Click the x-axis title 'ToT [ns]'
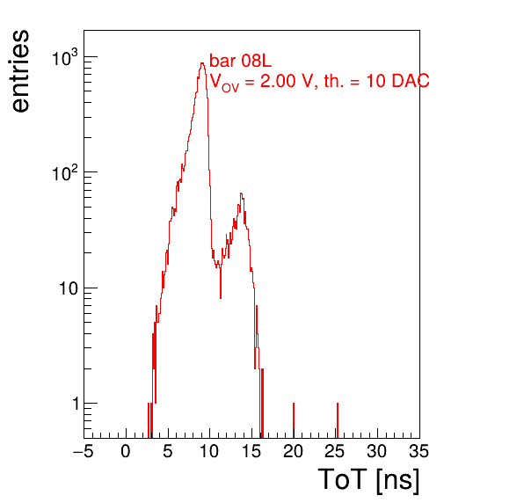coord(368,480)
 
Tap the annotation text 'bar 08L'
coord(240,61)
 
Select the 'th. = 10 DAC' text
coord(376,81)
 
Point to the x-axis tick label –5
coord(84,451)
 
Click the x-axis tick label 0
coord(126,451)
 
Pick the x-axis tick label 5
coord(168,451)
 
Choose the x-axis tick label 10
coord(209,451)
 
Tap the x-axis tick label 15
coord(251,451)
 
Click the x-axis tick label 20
coord(293,451)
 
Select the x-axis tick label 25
coord(335,451)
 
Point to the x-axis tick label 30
coord(377,451)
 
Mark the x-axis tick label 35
coord(419,451)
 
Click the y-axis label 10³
coord(65,58)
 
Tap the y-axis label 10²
coord(65,173)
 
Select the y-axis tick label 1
coord(76,404)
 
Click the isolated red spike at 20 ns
coord(294,420)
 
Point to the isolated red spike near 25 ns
coord(338,420)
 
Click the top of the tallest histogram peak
coord(202,63)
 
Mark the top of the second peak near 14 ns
coord(241,193)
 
